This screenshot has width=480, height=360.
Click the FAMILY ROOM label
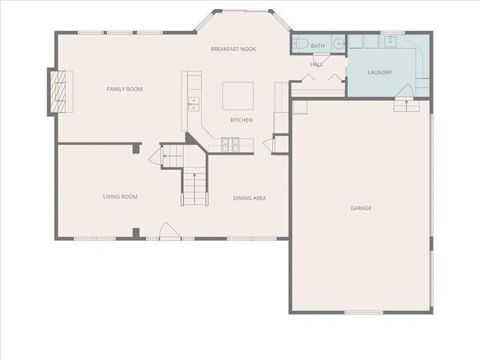point(124,89)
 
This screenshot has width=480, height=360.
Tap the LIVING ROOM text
point(120,197)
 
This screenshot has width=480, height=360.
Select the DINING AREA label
point(249,198)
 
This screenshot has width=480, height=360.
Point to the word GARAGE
point(361,208)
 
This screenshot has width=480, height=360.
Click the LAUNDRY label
point(379,73)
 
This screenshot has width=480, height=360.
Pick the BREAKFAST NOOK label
point(233,49)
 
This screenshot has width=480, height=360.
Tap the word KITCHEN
point(241,120)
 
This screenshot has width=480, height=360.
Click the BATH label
point(318,46)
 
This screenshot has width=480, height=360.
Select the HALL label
point(316,64)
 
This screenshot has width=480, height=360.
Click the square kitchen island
point(237,96)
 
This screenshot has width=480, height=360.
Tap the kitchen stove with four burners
point(230,142)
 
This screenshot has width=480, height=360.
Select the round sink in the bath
point(338,43)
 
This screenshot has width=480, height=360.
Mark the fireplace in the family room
point(58,92)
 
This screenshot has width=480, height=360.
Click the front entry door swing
point(169,231)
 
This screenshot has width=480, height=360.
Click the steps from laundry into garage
point(406,106)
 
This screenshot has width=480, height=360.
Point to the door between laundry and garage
point(404,91)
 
